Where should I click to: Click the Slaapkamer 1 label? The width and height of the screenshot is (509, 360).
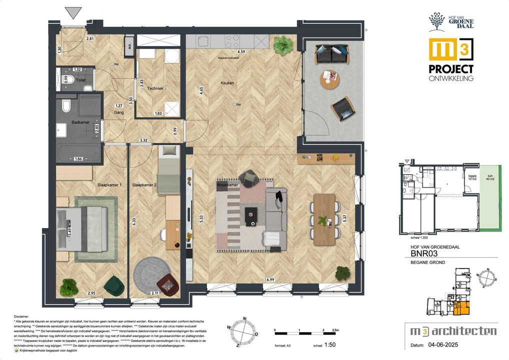point(109,185)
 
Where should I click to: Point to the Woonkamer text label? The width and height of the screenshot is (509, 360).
point(226,185)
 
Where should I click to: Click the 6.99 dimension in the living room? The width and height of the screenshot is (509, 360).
point(270,278)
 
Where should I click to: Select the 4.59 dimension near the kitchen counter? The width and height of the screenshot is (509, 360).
point(240,51)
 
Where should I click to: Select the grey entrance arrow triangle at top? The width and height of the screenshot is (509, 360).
point(73,13)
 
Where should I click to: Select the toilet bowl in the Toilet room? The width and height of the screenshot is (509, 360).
point(70,79)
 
